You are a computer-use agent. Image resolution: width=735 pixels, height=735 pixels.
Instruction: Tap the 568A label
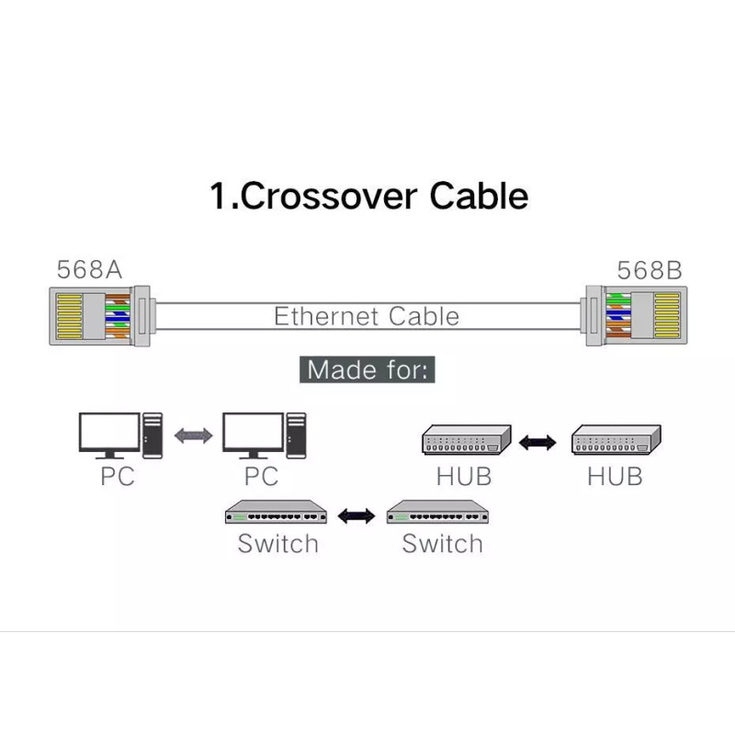point(89,270)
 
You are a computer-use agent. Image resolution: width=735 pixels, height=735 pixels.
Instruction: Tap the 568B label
point(650,270)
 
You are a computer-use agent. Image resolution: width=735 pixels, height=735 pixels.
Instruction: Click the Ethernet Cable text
point(367,317)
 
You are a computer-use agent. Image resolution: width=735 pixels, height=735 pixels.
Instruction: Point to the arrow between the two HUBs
point(537,442)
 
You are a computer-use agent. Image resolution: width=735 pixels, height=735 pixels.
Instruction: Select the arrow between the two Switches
point(356,515)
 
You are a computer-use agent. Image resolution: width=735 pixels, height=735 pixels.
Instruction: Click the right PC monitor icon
point(252,435)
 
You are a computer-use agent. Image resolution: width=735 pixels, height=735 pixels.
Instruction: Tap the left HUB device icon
point(465,441)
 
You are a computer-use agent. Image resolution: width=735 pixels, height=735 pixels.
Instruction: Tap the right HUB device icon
point(615,441)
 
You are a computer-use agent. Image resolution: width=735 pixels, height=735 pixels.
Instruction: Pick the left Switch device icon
point(277,513)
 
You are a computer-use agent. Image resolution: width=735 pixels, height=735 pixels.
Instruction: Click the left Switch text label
point(277,543)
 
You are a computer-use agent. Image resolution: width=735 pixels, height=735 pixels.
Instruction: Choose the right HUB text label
point(615,477)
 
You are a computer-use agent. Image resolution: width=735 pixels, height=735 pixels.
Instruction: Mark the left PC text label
point(118,477)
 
